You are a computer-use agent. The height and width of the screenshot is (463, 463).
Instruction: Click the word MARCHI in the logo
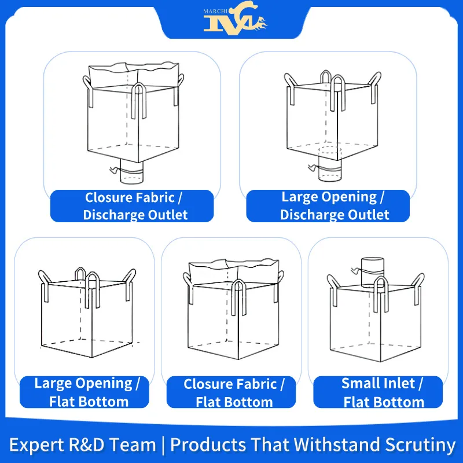click(215, 12)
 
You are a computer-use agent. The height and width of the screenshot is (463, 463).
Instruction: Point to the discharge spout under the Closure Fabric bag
click(132, 171)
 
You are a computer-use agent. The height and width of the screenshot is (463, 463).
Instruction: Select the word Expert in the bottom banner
click(36, 445)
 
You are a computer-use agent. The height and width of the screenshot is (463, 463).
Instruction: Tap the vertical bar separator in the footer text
click(163, 445)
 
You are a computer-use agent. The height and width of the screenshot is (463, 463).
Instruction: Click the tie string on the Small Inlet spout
click(357, 270)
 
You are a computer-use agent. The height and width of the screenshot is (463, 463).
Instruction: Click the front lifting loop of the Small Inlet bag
click(381, 295)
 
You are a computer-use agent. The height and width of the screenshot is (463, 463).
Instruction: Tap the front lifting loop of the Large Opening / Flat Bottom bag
click(93, 291)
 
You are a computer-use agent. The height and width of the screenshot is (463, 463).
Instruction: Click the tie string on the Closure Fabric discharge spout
click(115, 170)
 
